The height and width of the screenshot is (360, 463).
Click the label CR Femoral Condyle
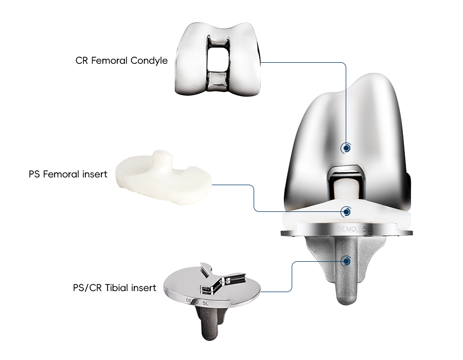[121, 61]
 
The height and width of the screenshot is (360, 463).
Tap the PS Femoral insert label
[68, 174]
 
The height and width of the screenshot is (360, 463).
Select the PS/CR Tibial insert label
[115, 287]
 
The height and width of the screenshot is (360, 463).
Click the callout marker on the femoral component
[346, 148]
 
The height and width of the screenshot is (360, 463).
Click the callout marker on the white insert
[346, 211]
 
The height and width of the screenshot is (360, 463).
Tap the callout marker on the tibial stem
[346, 261]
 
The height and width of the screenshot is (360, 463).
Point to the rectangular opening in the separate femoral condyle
[218, 59]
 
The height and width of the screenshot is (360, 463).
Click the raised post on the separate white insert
[161, 159]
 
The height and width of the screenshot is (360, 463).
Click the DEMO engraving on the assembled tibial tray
[346, 229]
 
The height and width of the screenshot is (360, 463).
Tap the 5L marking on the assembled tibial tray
[366, 229]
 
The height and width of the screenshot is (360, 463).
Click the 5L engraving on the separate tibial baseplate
[206, 303]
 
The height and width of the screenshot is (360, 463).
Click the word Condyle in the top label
[149, 61]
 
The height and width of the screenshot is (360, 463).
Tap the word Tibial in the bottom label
[116, 287]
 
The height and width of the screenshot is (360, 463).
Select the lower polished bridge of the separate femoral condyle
[218, 81]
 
